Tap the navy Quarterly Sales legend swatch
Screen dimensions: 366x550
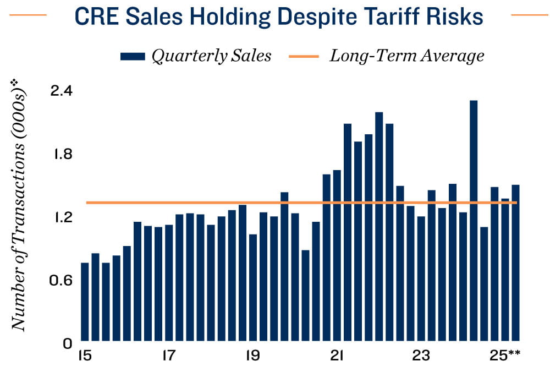[x=132, y=56]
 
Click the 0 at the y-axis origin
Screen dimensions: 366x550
[x=68, y=343]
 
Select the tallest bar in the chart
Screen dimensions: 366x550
[x=474, y=220]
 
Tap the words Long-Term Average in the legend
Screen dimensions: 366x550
[x=406, y=56]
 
